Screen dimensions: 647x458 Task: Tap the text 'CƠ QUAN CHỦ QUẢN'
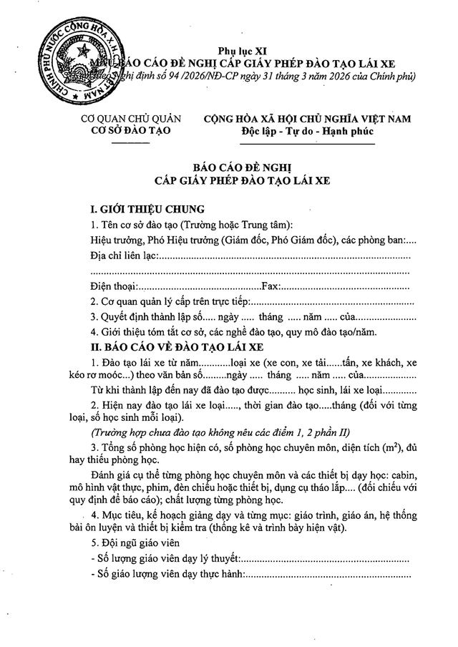tap(131, 119)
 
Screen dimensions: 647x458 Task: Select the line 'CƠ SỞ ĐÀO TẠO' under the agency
tap(131, 132)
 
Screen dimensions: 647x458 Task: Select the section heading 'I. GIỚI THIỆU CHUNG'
tap(144, 210)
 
